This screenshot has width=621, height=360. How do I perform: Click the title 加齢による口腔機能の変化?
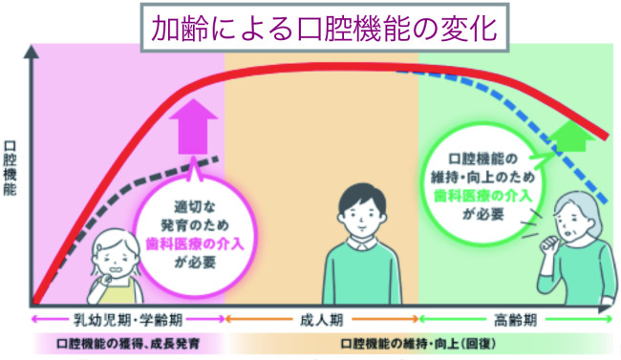coord(325,29)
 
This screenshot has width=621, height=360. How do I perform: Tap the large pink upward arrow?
coord(193,127)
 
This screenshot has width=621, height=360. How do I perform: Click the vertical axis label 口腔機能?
coord(10,168)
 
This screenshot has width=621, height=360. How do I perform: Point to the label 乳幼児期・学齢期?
coord(128,320)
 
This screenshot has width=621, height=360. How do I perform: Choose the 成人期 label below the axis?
coord(321,320)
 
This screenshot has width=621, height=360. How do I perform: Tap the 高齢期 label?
coord(515,320)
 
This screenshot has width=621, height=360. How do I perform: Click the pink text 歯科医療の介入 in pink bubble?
coord(195,244)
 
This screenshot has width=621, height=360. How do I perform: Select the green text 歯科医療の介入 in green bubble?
coord(482,196)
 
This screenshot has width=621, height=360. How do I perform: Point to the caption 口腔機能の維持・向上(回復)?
coord(418,344)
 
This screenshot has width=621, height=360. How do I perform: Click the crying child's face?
coord(116,263)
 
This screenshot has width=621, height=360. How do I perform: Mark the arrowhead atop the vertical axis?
coord(31,52)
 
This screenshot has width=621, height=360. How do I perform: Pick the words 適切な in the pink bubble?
coord(195,206)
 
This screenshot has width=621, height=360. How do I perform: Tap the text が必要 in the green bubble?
coord(482,214)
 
